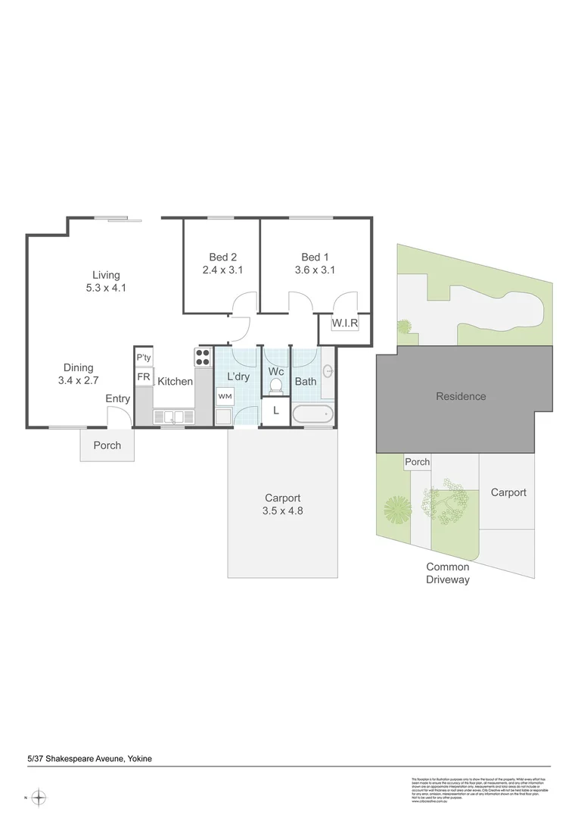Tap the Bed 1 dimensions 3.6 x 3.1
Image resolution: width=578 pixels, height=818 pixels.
[315, 270]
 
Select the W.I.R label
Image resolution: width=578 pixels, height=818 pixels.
[344, 323]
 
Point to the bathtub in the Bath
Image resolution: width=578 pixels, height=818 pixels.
[312, 414]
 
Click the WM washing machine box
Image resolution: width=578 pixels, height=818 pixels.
[225, 396]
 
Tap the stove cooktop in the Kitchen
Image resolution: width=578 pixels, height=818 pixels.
[203, 357]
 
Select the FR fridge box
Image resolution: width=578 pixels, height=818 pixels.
[144, 376]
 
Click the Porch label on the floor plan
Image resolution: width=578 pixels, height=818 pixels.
[107, 445]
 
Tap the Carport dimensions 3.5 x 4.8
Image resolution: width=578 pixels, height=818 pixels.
[282, 510]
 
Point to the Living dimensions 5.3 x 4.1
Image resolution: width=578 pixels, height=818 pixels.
[106, 288]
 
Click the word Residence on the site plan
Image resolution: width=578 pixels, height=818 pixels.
[460, 396]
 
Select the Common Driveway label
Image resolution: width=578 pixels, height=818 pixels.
[447, 573]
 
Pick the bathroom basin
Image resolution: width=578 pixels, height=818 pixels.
[328, 371]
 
